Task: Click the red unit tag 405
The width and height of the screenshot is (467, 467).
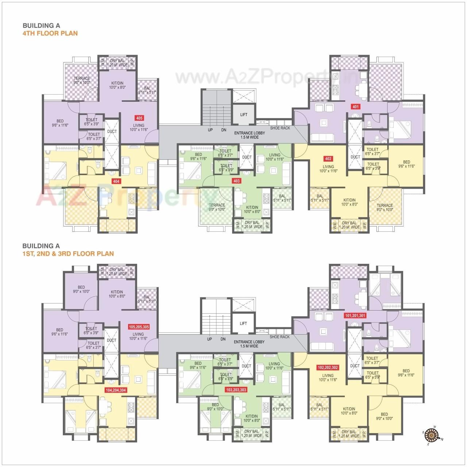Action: pos(139,118)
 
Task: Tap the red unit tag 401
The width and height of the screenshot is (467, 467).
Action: pos(355,107)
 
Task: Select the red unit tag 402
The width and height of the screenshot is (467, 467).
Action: pos(328,159)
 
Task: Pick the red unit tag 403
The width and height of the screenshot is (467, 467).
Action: pos(236,181)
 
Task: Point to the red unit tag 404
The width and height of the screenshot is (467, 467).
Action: pos(116,181)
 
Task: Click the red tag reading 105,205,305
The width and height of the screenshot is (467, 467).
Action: pos(138,327)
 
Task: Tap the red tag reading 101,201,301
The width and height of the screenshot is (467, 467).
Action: pos(355,315)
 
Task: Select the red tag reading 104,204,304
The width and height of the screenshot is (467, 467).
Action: pos(116,390)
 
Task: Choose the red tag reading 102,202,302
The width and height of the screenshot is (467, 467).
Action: pos(328,367)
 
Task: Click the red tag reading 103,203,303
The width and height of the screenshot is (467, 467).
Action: pos(236,390)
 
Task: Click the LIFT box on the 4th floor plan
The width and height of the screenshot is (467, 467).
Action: pos(244,115)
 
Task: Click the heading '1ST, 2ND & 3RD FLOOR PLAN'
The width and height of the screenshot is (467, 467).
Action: pos(68,254)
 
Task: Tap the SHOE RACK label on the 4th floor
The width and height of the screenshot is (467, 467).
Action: pos(280,128)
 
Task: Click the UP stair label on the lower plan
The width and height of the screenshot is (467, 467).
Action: pos(209,339)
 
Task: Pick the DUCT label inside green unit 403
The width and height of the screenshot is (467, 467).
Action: pos(247,157)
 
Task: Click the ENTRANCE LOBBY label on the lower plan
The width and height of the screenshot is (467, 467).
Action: pos(249,344)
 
